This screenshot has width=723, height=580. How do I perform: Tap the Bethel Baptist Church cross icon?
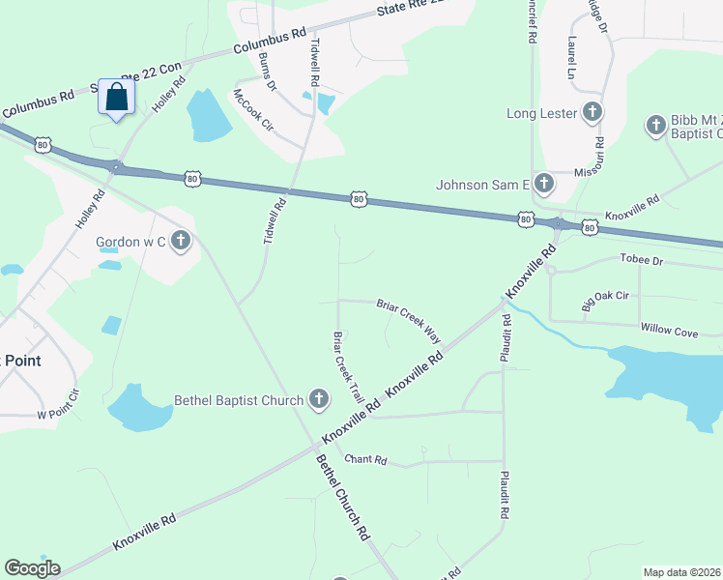click(x=320, y=399)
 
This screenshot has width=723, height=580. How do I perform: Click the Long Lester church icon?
click(x=593, y=113)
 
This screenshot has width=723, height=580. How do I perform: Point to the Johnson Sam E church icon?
click(x=544, y=184)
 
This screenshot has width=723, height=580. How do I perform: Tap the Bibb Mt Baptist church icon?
click(x=656, y=126)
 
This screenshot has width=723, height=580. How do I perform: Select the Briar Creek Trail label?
click(x=348, y=368)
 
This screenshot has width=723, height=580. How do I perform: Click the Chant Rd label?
click(x=365, y=460)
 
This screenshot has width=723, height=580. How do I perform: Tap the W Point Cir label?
click(x=56, y=406)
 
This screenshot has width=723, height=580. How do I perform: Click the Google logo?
click(x=32, y=568)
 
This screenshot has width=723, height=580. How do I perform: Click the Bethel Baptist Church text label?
click(x=238, y=399)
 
